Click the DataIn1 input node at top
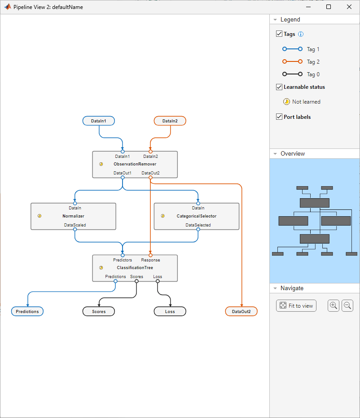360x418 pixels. pos(98,121)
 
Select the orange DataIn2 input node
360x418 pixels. pos(170,121)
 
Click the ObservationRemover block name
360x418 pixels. pos(135,164)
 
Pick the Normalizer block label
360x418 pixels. pos(73,216)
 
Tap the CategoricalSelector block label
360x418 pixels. pos(196,216)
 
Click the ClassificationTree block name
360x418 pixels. pos(135,268)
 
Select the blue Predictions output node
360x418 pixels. pos(27,311)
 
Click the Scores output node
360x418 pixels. pos(99,311)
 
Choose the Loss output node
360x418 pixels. pos(170,311)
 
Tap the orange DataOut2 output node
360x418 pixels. pos(241,311)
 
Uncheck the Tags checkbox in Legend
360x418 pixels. pos(279,34)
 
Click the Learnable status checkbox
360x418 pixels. pos(279,87)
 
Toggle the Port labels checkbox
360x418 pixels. pos(279,117)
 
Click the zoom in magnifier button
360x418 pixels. pos(334,305)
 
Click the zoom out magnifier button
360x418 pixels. pos(347,305)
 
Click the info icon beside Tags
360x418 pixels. pos(301,34)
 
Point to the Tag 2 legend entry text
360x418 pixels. pos(313,62)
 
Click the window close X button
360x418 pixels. pos(349,7)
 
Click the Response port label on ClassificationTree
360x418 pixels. pos(150,260)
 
